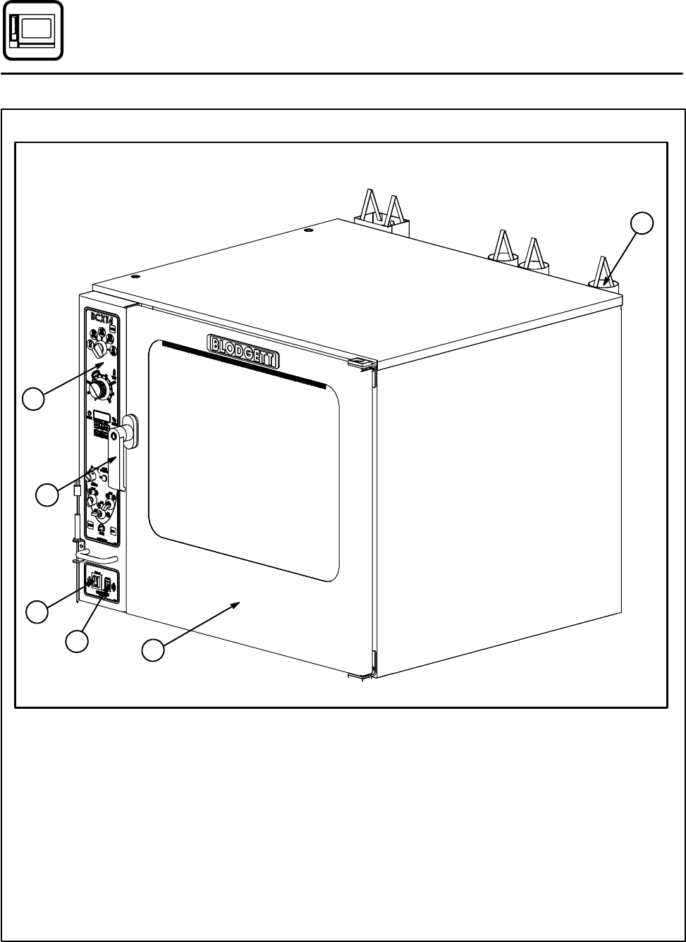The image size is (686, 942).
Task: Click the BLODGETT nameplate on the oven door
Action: (x=243, y=350)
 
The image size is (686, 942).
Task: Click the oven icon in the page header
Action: (x=32, y=31)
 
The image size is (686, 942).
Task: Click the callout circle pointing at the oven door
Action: (x=153, y=650)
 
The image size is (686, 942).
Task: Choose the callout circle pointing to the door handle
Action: (x=47, y=495)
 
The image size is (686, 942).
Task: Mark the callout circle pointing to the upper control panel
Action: (x=33, y=399)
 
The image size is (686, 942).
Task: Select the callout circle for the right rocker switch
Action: (x=77, y=640)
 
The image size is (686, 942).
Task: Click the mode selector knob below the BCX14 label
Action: (x=101, y=349)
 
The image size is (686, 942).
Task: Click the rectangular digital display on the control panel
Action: (x=102, y=416)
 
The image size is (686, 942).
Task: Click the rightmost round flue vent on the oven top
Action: (x=604, y=284)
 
